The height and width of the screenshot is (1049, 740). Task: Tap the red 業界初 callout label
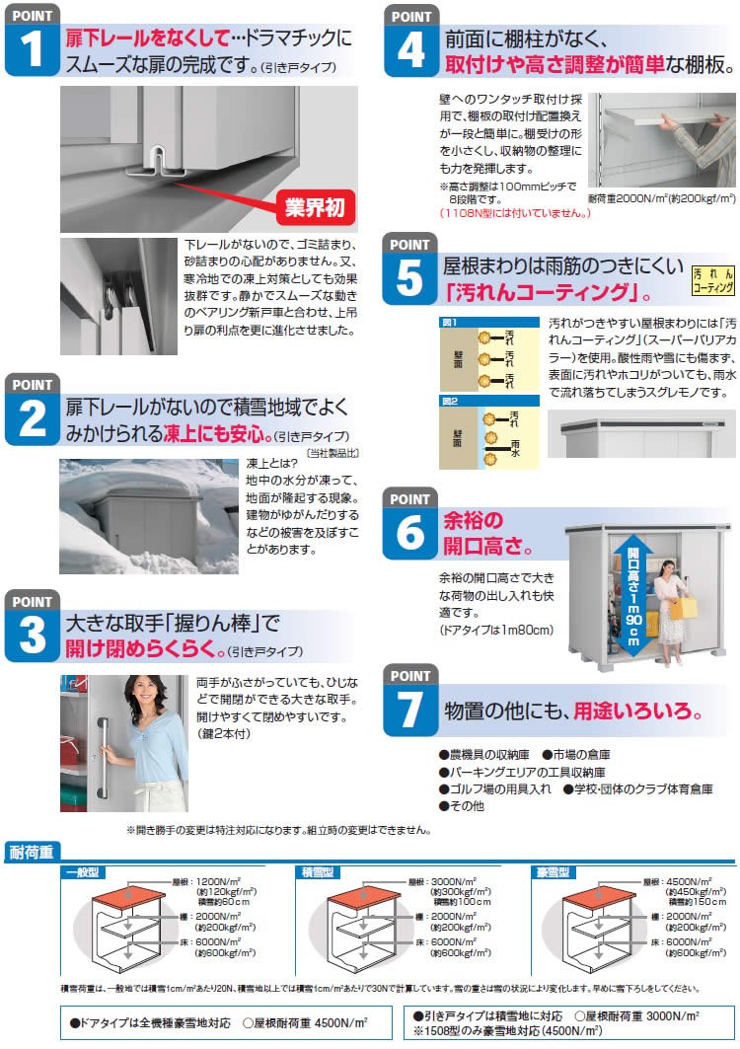(315, 207)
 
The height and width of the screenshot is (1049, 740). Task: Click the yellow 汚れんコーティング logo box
(713, 280)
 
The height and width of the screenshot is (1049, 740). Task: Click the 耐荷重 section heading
(32, 852)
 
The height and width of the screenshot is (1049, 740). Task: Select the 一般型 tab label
(82, 871)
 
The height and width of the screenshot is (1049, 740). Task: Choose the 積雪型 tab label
(317, 871)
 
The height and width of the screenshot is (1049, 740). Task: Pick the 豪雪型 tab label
(553, 871)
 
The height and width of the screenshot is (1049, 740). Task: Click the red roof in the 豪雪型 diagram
(599, 896)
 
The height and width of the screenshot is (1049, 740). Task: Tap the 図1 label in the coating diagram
(450, 322)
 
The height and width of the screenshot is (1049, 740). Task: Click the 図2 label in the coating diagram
(450, 401)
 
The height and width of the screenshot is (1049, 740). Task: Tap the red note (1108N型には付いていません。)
(515, 213)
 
